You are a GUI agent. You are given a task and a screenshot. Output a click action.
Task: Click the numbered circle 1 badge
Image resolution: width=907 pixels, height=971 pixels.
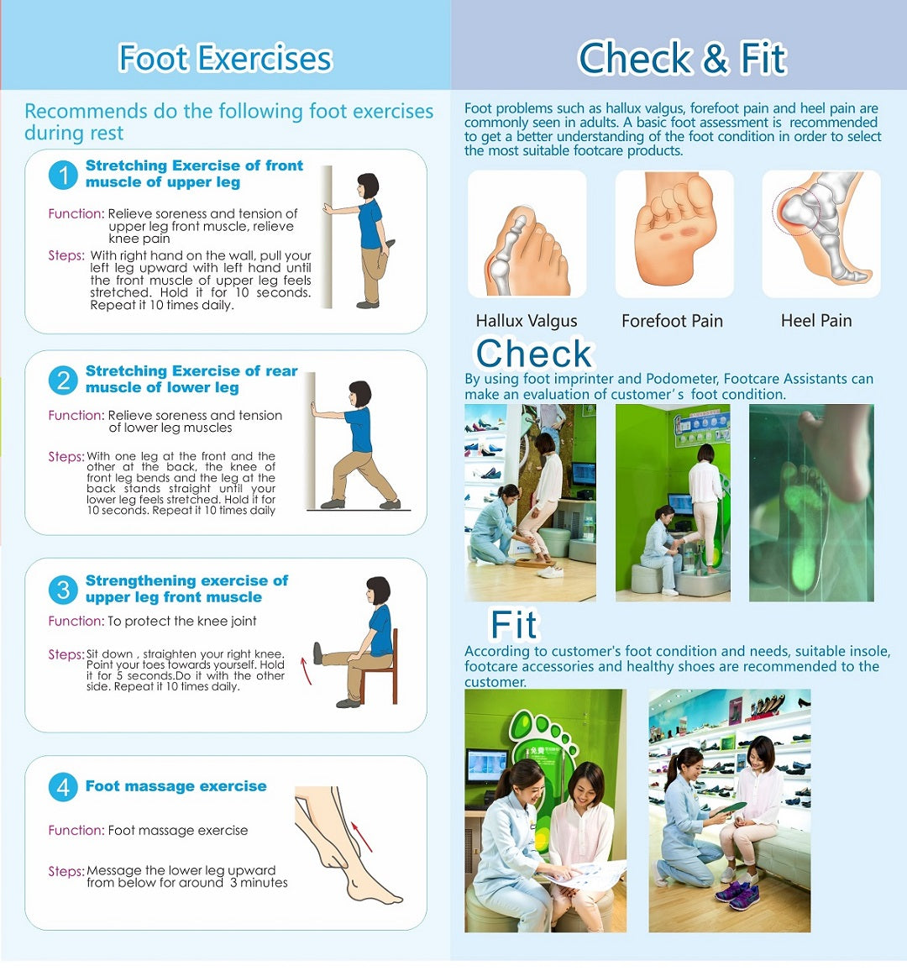[x=63, y=175]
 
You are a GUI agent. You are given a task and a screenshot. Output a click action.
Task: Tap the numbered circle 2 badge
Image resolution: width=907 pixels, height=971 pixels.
[x=63, y=380]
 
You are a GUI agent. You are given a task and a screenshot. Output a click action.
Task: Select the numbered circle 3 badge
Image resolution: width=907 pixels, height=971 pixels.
[x=63, y=590]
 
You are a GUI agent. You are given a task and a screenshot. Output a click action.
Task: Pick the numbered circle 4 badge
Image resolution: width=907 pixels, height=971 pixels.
[x=63, y=787]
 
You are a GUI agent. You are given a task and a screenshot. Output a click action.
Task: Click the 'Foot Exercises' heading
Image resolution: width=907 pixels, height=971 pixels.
[x=225, y=58]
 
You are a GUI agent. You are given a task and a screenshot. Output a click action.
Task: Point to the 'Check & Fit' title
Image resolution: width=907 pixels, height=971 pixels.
[x=682, y=58]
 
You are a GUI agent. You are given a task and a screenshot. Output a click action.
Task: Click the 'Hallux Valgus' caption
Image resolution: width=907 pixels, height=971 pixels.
[x=527, y=321]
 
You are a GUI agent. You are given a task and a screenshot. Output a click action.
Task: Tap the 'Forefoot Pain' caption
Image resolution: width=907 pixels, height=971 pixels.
[x=673, y=321]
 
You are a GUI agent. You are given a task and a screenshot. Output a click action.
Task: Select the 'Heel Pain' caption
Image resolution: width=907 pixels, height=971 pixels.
[x=816, y=320]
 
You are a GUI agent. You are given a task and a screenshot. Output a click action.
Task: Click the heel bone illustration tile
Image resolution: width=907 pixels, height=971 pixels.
[x=821, y=234]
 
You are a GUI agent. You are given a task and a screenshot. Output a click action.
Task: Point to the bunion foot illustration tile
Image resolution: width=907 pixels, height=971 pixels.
[x=527, y=234]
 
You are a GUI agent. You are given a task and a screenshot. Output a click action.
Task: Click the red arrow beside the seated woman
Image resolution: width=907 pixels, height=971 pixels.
[x=306, y=670]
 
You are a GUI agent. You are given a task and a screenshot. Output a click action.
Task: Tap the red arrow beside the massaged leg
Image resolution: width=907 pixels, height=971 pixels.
[x=362, y=837]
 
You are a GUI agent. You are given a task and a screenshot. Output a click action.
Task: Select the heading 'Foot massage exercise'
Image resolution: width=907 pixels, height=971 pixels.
[x=176, y=786]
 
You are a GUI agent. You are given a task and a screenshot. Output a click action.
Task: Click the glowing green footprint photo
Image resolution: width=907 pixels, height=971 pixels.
[x=811, y=503]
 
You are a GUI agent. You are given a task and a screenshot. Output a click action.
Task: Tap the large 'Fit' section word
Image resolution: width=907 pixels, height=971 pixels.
[x=514, y=624]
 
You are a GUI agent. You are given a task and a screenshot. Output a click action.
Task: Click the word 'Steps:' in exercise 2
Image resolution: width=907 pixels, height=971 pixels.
[x=66, y=456]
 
